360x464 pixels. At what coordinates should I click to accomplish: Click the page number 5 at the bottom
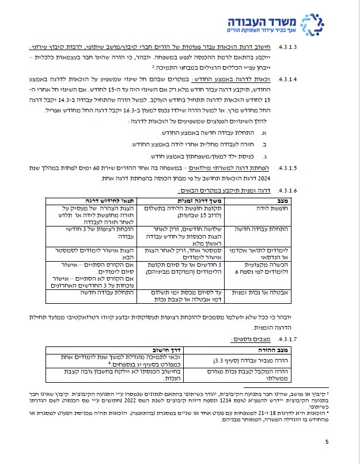[x=326, y=442]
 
